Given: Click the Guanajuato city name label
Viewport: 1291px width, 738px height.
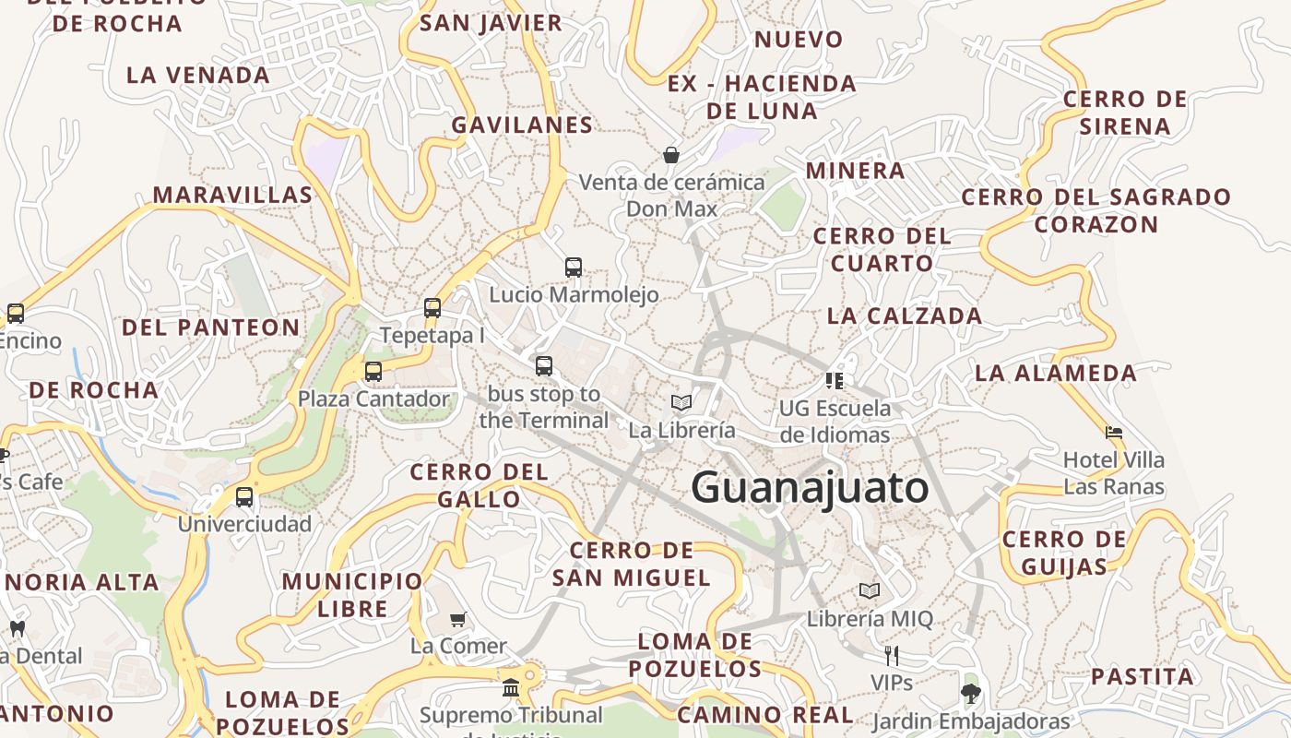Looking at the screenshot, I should pyautogui.click(x=810, y=487).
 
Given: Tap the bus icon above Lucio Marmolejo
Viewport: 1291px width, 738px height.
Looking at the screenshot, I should pyautogui.click(x=574, y=268).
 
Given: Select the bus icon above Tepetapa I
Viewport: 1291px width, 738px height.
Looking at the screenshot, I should pyautogui.click(x=432, y=308).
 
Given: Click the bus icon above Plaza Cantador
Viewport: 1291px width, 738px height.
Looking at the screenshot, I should pyautogui.click(x=373, y=372).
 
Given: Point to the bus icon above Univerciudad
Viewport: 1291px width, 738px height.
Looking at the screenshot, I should pyautogui.click(x=244, y=497).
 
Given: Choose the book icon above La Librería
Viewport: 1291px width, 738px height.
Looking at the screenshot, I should pyautogui.click(x=681, y=402).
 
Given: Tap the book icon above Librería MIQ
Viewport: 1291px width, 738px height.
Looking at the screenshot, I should pyautogui.click(x=870, y=590).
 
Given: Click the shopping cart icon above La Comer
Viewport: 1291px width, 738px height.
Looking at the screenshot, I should pyautogui.click(x=458, y=619).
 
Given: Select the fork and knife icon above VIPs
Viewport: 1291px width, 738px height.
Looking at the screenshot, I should pyautogui.click(x=891, y=656).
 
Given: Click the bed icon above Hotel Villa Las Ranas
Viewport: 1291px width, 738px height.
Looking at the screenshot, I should pyautogui.click(x=1114, y=432).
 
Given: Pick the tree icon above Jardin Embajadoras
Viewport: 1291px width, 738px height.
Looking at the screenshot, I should pyautogui.click(x=970, y=693).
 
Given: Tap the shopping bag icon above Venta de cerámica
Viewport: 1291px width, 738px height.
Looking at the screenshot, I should pyautogui.click(x=671, y=155).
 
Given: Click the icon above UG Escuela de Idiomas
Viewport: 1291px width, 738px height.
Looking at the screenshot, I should pyautogui.click(x=835, y=380).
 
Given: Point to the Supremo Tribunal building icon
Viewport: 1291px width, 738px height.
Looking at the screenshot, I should pyautogui.click(x=511, y=687).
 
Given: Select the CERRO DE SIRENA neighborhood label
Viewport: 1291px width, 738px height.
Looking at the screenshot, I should pyautogui.click(x=1125, y=112).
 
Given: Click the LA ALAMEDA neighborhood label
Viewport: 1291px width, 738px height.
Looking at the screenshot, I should pyautogui.click(x=1056, y=373).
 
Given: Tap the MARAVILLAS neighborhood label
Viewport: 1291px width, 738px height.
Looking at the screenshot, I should pyautogui.click(x=232, y=195).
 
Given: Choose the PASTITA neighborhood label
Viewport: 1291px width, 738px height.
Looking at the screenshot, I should pyautogui.click(x=1142, y=676).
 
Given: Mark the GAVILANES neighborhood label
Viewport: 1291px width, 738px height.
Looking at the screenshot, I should pyautogui.click(x=522, y=125).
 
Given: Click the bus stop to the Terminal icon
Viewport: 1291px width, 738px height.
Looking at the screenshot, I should pyautogui.click(x=544, y=365).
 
